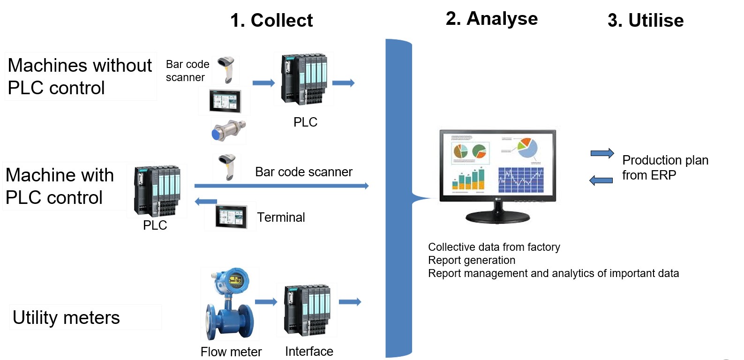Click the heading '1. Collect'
(271, 20)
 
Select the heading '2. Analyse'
(491, 19)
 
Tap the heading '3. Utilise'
(646, 21)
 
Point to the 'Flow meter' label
(231, 352)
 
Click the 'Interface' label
(309, 351)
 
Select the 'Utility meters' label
(66, 317)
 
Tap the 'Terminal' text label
(281, 217)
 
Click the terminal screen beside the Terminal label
(231, 217)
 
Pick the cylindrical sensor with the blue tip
(228, 131)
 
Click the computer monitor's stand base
(497, 217)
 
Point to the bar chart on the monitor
(468, 180)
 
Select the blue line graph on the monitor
(520, 180)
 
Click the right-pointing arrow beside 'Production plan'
(602, 153)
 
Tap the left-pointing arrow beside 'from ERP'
(601, 180)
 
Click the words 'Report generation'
(472, 260)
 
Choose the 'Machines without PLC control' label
(80, 76)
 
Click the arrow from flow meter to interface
(266, 302)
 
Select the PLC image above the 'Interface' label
(307, 310)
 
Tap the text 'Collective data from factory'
(494, 247)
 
